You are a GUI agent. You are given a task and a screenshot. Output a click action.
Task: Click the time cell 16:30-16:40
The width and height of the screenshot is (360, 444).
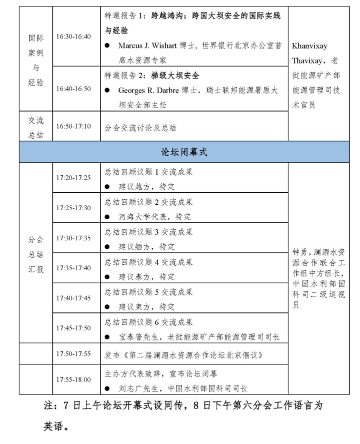(73, 37)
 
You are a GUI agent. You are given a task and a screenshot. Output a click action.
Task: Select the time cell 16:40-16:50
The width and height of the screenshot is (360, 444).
(73, 89)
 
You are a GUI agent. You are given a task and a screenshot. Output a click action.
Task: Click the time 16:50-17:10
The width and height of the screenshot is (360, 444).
(73, 126)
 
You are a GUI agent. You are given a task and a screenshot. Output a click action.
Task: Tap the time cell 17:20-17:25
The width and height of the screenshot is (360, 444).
(73, 178)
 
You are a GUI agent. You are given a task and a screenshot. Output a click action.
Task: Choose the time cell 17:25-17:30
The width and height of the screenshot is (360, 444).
(73, 208)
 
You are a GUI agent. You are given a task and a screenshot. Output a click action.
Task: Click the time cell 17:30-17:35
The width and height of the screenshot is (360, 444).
(73, 238)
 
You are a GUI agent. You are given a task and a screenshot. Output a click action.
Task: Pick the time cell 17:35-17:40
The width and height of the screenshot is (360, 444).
(73, 268)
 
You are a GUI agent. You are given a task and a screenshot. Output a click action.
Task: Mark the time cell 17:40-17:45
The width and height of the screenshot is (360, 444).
(73, 298)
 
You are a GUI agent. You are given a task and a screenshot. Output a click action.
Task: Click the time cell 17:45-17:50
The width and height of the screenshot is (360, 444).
(73, 328)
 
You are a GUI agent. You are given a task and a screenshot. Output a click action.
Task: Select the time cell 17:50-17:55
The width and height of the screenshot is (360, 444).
(73, 354)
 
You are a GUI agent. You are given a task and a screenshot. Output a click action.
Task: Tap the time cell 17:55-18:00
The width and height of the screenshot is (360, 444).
(73, 379)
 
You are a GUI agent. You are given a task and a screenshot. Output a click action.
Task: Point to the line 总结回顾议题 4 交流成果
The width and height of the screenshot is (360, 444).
(148, 262)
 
